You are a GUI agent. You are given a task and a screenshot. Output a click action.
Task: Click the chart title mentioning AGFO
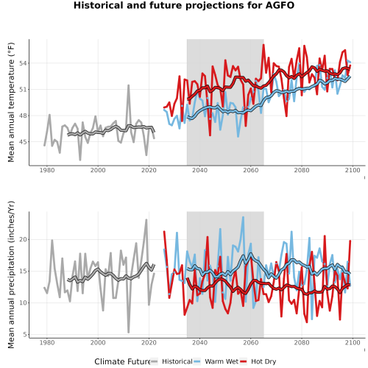pyautogui.click(x=184, y=5)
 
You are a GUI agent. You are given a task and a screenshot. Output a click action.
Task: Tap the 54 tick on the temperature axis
pyautogui.click(x=23, y=63)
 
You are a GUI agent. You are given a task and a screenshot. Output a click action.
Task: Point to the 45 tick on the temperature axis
pyautogui.click(x=23, y=142)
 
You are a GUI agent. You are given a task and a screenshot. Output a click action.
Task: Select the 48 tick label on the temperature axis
pyautogui.click(x=23, y=116)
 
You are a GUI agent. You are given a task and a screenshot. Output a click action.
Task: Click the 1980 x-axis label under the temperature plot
pyautogui.click(x=47, y=170)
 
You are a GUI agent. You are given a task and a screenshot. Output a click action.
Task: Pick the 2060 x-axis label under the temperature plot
pyautogui.click(x=251, y=170)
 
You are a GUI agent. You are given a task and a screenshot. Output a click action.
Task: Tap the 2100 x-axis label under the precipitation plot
pyautogui.click(x=353, y=342)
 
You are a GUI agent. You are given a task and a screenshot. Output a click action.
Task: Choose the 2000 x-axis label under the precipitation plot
pyautogui.click(x=98, y=342)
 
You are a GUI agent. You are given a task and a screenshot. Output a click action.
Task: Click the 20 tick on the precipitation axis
pyautogui.click(x=23, y=239)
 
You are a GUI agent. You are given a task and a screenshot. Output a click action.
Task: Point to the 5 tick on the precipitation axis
pyautogui.click(x=25, y=335)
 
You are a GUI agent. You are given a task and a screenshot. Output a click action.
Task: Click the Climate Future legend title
pyautogui.click(x=122, y=361)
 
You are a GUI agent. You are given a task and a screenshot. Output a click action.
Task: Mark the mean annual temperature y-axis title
pyautogui.click(x=11, y=102)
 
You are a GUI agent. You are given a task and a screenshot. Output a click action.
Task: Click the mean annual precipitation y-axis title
pyautogui.click(x=11, y=275)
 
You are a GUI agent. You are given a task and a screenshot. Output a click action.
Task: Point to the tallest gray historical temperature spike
pyautogui.click(x=128, y=85)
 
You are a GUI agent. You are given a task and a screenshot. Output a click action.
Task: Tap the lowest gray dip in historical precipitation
pyautogui.click(x=129, y=332)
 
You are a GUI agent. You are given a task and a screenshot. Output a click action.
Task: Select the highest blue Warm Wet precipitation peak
pyautogui.click(x=244, y=217)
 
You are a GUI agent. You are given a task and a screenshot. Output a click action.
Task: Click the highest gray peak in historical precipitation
pyautogui.click(x=146, y=220)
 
